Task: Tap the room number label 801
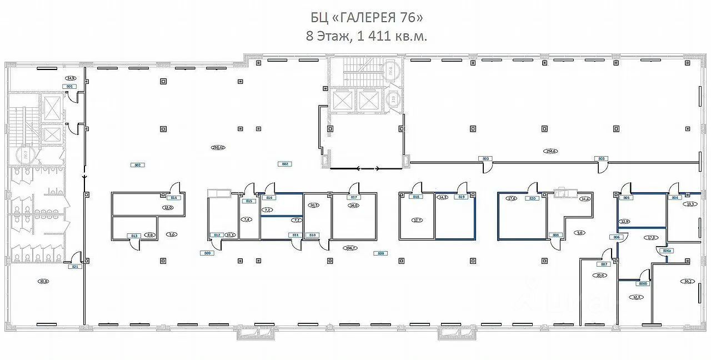(70, 87)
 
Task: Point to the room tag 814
(174, 198)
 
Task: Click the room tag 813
(133, 236)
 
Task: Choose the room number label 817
(354, 197)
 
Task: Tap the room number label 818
(415, 197)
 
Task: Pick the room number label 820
(532, 198)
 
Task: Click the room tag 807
(604, 264)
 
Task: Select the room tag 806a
(667, 251)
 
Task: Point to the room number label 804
(675, 198)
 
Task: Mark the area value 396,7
(350, 248)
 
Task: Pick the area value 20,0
(599, 275)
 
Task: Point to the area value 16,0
(353, 206)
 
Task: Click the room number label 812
(217, 236)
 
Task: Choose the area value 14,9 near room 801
(71, 78)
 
